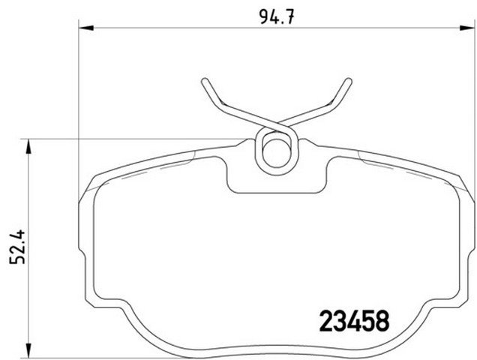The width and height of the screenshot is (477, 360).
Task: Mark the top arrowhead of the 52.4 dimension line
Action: click(28, 144)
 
